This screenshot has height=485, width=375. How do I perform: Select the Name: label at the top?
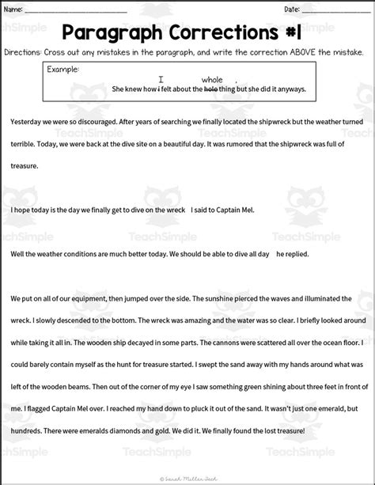pyautogui.click(x=13, y=9)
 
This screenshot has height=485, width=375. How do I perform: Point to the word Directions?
pyautogui.click(x=23, y=52)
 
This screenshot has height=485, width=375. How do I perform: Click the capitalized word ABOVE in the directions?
pyautogui.click(x=290, y=52)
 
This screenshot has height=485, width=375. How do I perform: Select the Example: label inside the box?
pyautogui.click(x=63, y=70)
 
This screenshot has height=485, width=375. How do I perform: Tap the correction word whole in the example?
pyautogui.click(x=212, y=80)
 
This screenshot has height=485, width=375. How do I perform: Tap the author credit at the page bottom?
pyautogui.click(x=188, y=478)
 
